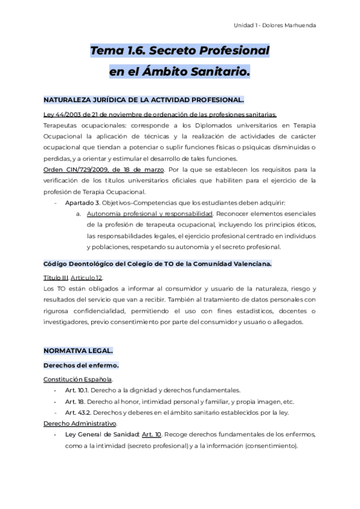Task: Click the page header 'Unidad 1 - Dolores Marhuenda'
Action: point(274,25)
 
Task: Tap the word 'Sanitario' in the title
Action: point(217,72)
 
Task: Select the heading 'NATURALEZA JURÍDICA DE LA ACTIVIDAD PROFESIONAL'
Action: point(143,100)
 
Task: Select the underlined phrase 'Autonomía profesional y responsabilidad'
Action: point(149,214)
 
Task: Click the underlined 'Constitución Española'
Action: point(78,379)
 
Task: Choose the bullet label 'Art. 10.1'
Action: point(77,390)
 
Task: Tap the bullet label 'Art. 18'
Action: point(74,402)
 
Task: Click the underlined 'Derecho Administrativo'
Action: point(80,423)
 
